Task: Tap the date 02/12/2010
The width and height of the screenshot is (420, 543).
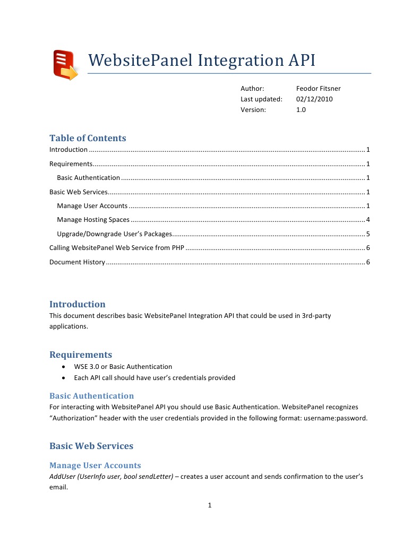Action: pyautogui.click(x=314, y=99)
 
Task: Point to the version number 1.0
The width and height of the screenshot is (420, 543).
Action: pyautogui.click(x=301, y=110)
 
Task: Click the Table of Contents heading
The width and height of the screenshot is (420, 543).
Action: pyautogui.click(x=88, y=138)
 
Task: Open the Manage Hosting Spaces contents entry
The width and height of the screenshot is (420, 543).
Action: pyautogui.click(x=93, y=220)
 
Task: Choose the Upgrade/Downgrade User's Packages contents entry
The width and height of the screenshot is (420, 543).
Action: pyautogui.click(x=114, y=234)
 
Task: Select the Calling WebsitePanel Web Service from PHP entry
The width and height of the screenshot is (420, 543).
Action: pyautogui.click(x=116, y=248)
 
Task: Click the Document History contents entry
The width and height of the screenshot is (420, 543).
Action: pyautogui.click(x=77, y=262)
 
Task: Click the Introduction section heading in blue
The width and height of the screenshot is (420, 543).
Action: pyautogui.click(x=77, y=304)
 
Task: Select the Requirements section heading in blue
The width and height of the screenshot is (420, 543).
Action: pyautogui.click(x=81, y=355)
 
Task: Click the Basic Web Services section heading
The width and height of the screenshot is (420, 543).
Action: pyautogui.click(x=91, y=446)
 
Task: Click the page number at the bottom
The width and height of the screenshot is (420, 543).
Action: pyautogui.click(x=210, y=505)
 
